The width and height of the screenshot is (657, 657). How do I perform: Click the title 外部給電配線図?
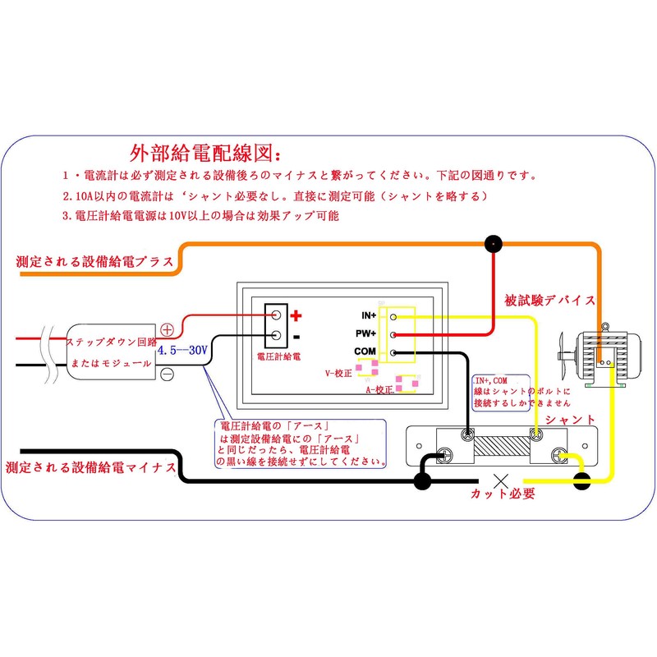(x=205, y=154)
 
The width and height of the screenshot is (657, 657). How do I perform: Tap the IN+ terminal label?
(x=368, y=315)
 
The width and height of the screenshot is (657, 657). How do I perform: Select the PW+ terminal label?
(x=367, y=333)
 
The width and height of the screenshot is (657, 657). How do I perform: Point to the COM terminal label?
(x=365, y=351)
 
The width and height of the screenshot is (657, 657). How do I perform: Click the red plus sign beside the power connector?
(x=296, y=315)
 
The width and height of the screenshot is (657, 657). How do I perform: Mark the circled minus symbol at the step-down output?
(x=167, y=374)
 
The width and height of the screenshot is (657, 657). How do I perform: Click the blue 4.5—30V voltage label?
(x=181, y=349)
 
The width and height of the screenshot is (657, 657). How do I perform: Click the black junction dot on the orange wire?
(x=493, y=243)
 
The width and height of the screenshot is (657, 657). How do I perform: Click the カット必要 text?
(x=503, y=494)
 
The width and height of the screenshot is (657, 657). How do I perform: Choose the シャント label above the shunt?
(x=569, y=419)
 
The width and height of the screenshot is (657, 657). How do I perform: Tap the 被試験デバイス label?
(x=549, y=301)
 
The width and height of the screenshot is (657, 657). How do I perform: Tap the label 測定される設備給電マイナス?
(x=91, y=467)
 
